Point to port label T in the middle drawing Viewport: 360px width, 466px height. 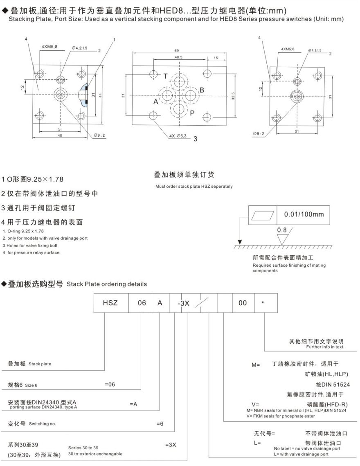click(x=165, y=76)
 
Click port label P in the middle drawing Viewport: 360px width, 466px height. click(x=191, y=113)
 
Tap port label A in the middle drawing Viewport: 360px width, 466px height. click(x=156, y=102)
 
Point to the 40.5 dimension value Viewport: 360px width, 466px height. click(x=178, y=58)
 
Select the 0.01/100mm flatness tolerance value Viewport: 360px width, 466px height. click(x=304, y=214)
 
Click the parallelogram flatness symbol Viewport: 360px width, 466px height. click(x=260, y=214)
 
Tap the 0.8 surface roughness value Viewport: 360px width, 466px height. click(x=283, y=231)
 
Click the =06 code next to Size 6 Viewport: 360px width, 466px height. click(x=110, y=385)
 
